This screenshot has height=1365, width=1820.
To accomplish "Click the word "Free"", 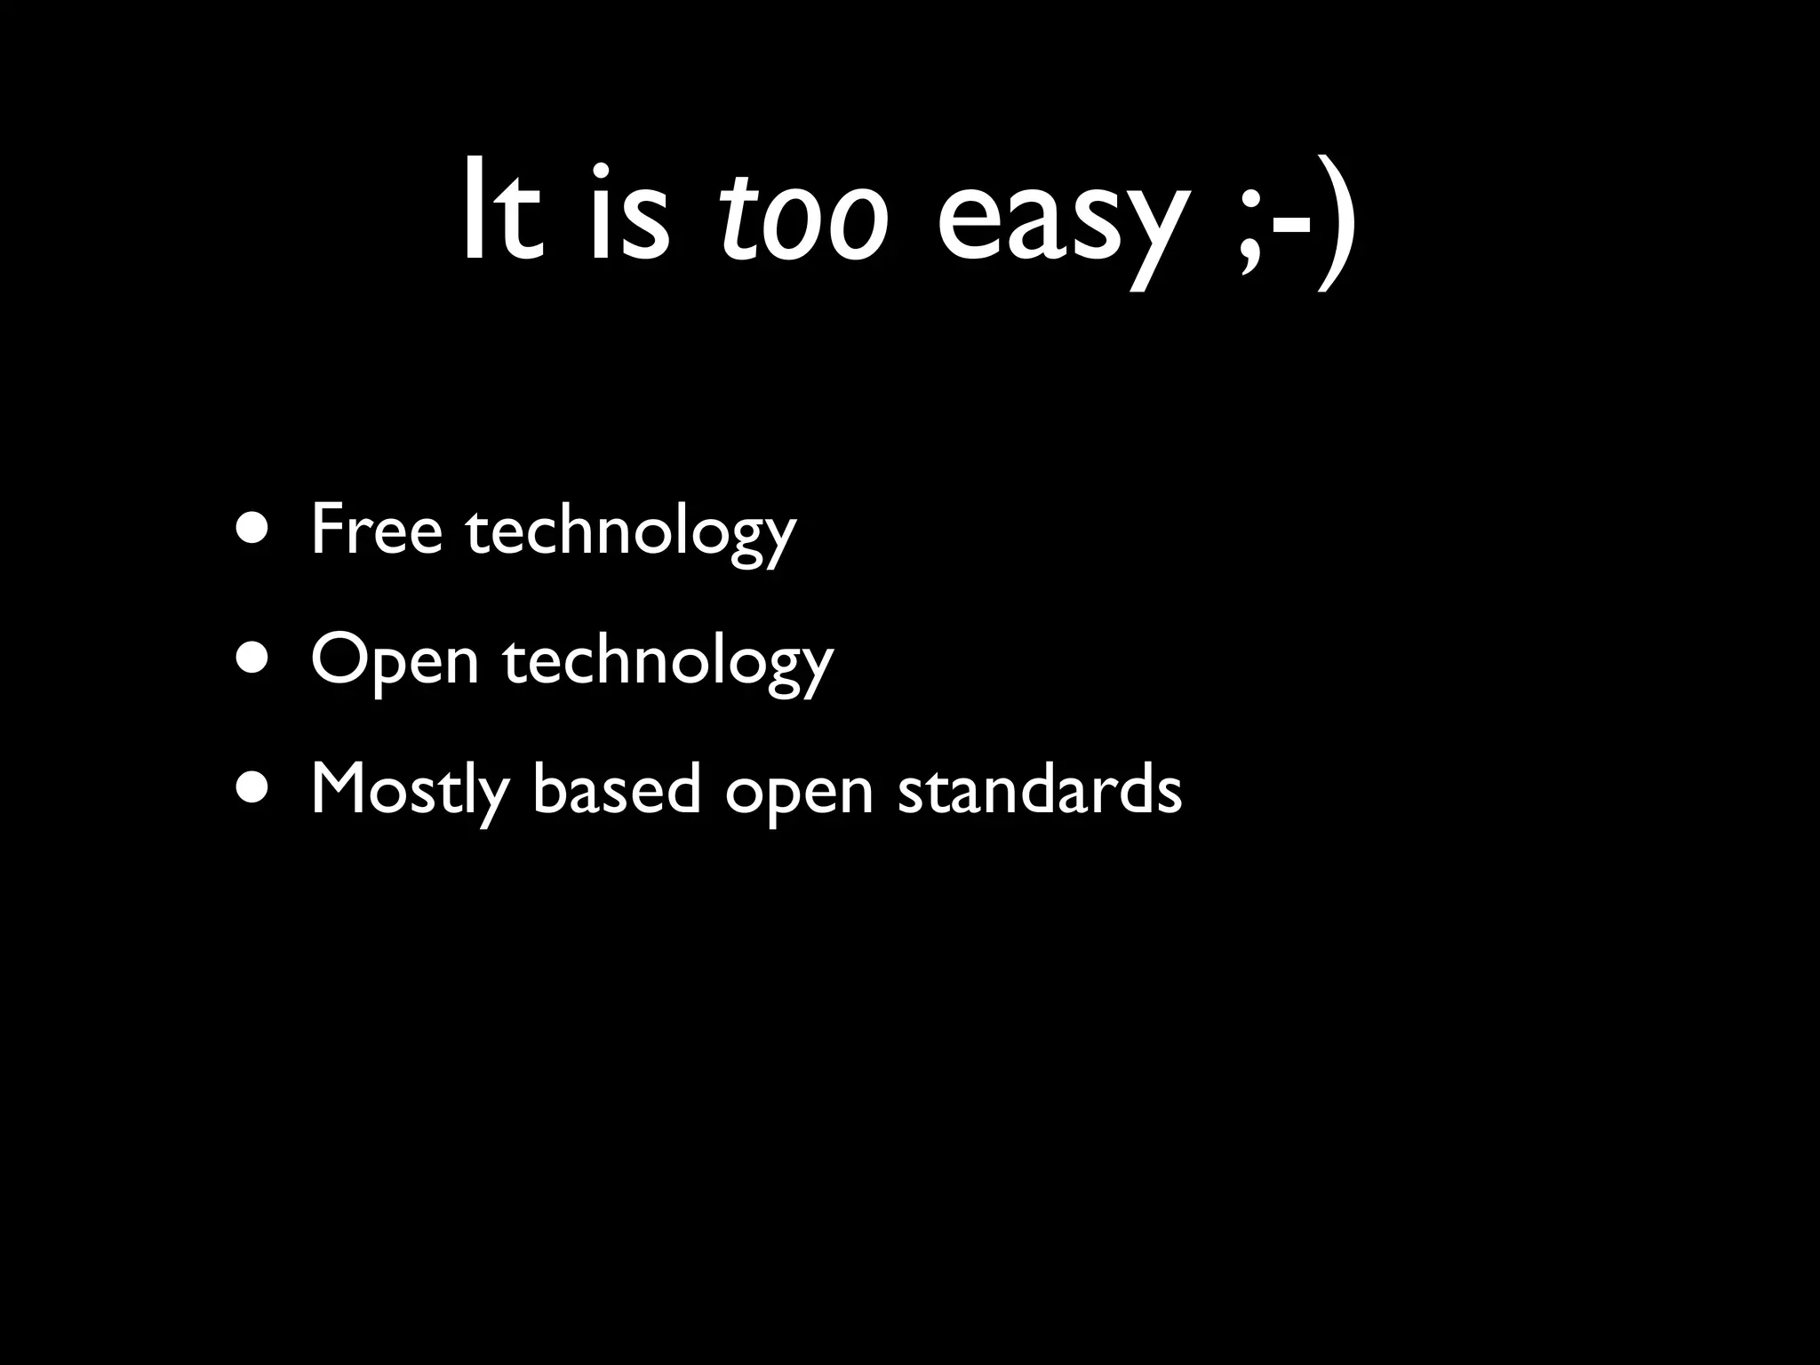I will (x=376, y=530).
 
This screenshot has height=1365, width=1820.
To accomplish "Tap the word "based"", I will (x=617, y=788).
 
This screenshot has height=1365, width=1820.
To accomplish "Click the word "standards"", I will (x=1040, y=788).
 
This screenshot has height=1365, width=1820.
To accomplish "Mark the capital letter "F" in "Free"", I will (x=327, y=530).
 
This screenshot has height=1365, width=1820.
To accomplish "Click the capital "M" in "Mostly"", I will (x=337, y=788).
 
